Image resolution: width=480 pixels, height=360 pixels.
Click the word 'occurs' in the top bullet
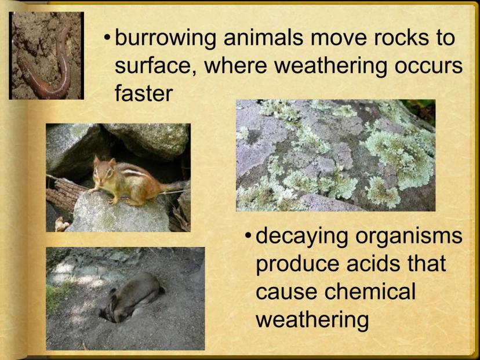point(428,67)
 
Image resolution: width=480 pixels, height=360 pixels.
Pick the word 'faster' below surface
point(144,93)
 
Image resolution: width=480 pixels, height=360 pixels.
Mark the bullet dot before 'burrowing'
point(107,38)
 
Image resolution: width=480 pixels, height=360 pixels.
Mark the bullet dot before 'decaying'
point(248,236)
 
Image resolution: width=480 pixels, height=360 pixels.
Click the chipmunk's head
point(104,170)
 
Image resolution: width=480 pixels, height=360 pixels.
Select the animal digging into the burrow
point(131,297)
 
